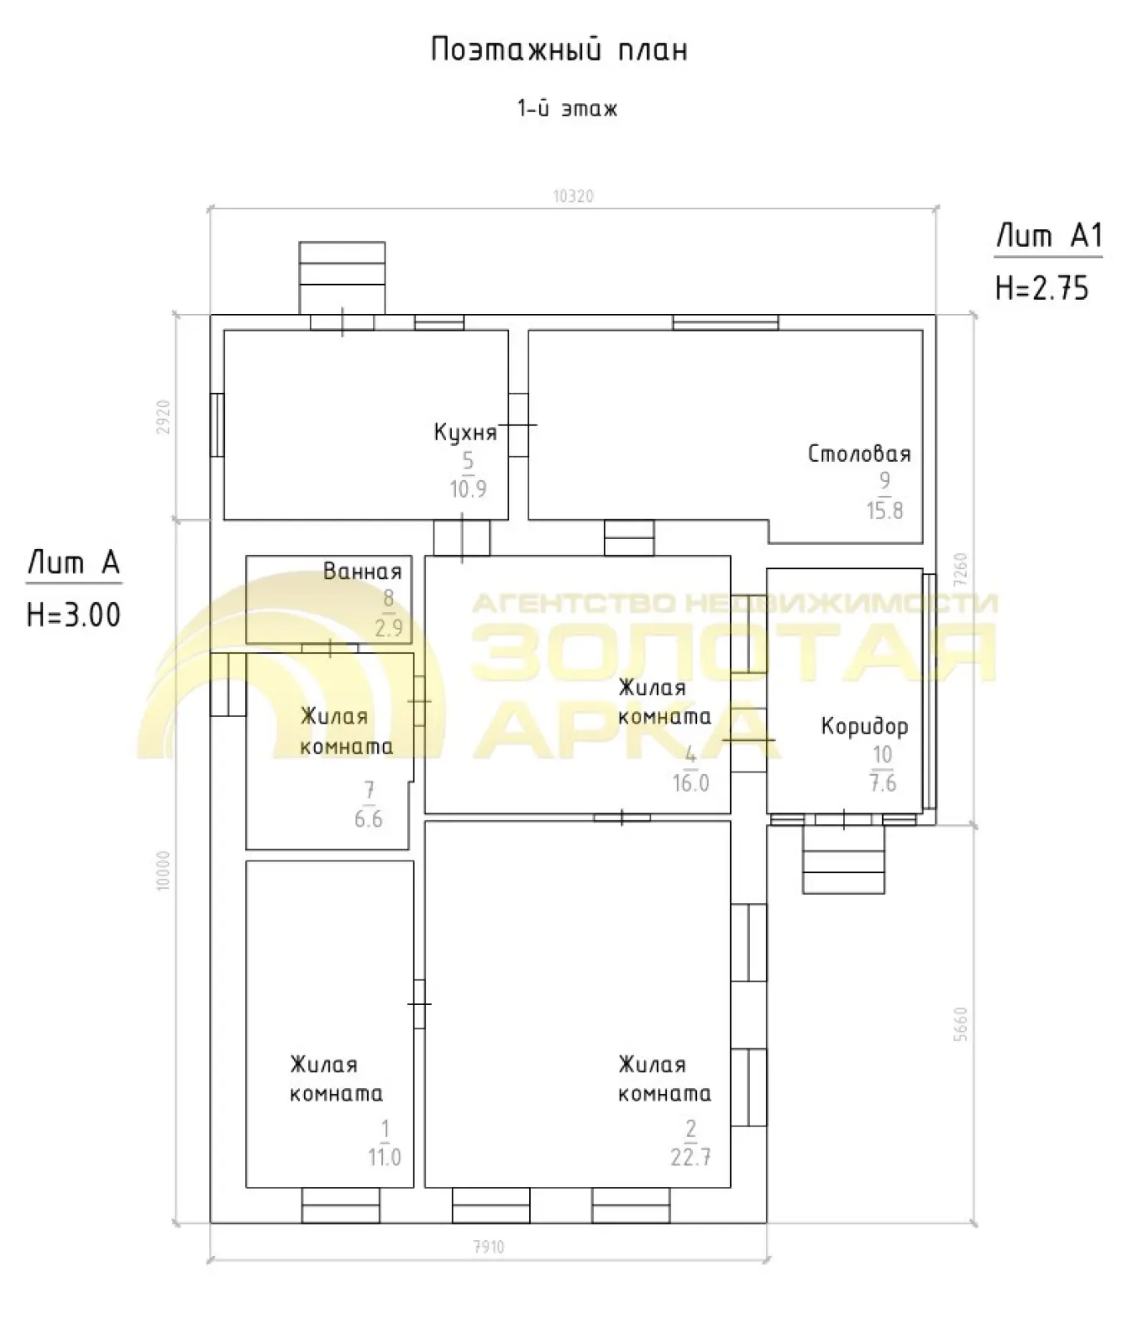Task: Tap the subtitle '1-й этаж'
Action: tap(568, 109)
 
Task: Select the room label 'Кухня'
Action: tap(465, 433)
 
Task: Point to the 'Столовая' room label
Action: tap(859, 454)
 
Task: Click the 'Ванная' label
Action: tap(362, 571)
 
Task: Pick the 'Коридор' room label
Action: tap(865, 727)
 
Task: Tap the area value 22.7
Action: tap(690, 1156)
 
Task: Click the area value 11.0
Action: tap(385, 1156)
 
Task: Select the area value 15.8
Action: tap(885, 510)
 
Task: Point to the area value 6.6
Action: tap(369, 819)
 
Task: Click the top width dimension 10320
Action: tap(573, 197)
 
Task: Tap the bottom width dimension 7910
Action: tap(488, 1247)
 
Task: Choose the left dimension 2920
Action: tap(164, 417)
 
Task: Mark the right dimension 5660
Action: tap(961, 1024)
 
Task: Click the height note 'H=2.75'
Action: tap(1042, 288)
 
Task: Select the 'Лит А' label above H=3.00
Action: tap(74, 562)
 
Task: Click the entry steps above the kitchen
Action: tap(342, 278)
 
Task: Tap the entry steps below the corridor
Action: tap(843, 860)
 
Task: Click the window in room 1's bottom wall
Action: tap(340, 1205)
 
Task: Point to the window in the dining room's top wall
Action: tap(725, 322)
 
